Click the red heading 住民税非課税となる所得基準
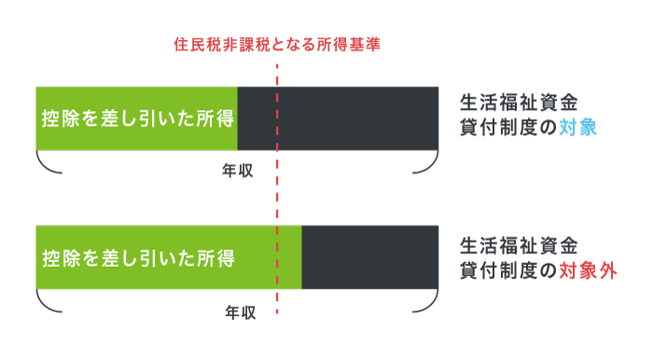(x=277, y=44)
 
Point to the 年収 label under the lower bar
(x=240, y=313)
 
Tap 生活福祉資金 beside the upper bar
(x=519, y=102)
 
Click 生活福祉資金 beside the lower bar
(x=519, y=246)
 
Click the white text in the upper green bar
(x=136, y=119)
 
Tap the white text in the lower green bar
(x=136, y=258)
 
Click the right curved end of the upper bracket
(x=431, y=165)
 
